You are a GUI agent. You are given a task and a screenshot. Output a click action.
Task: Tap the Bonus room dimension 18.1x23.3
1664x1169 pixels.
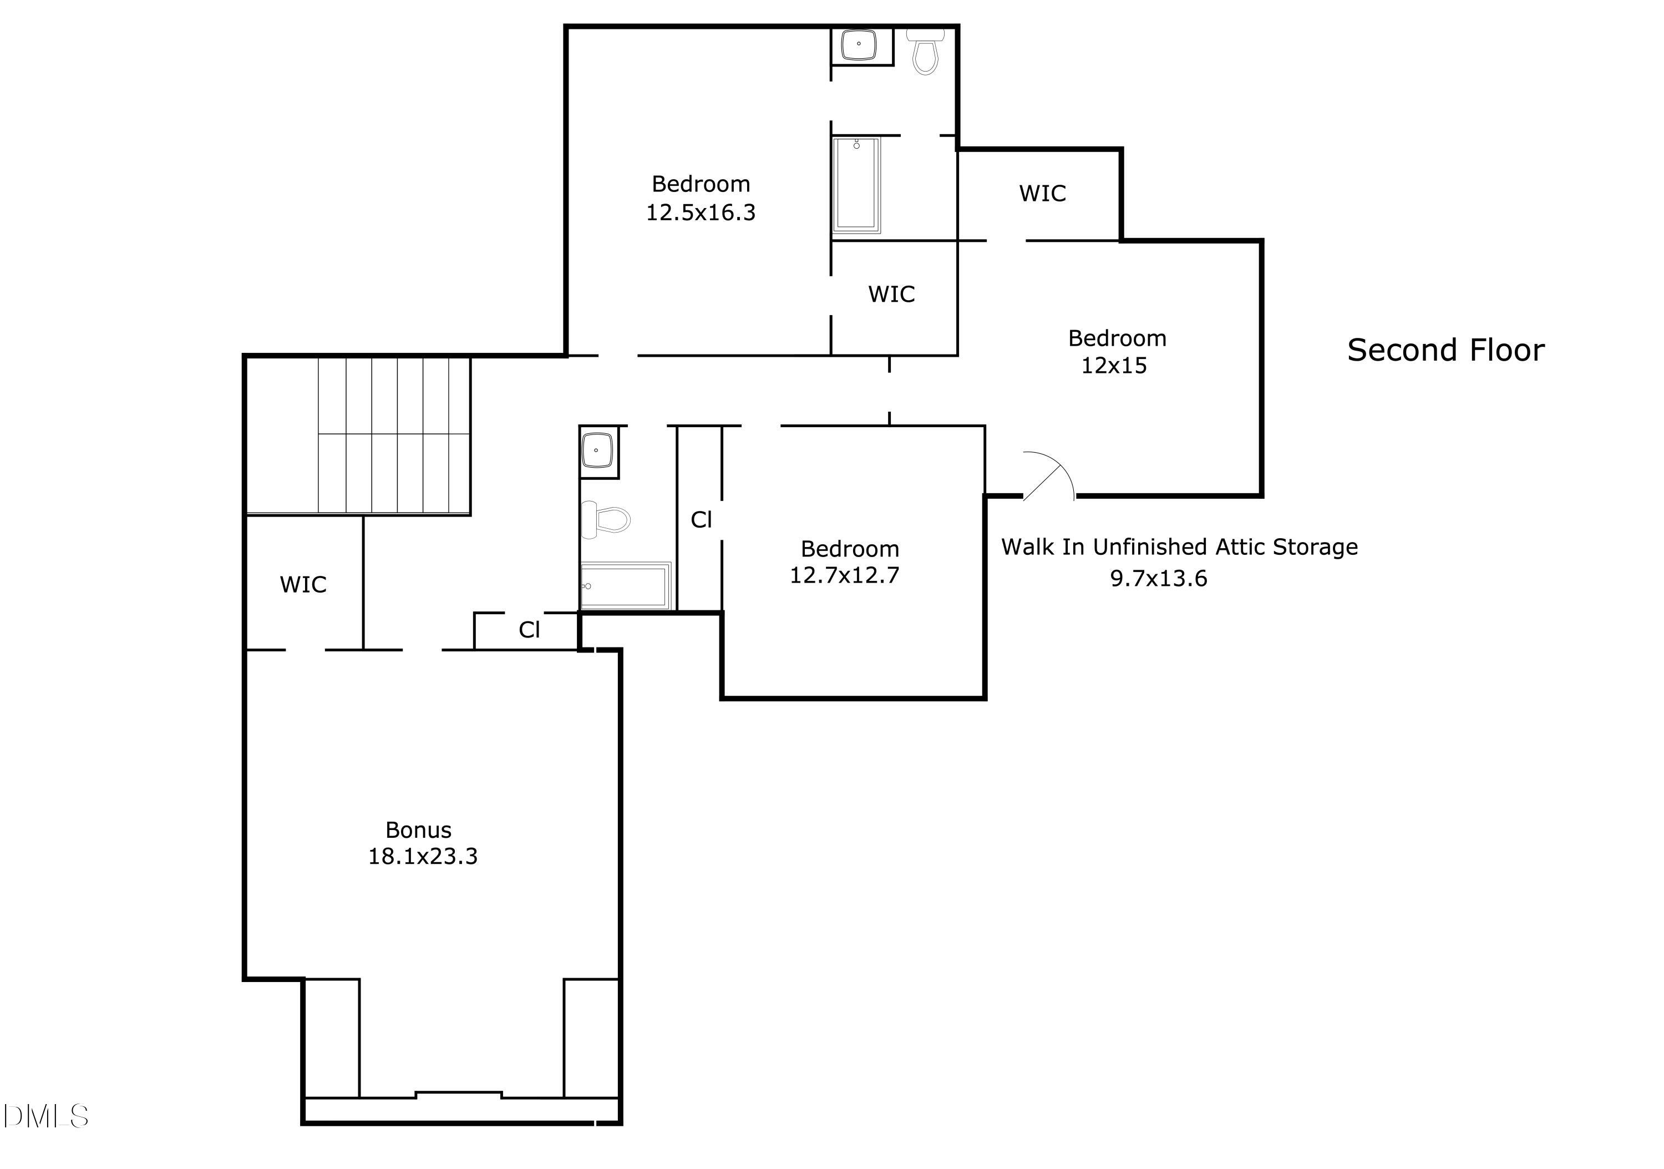point(423,857)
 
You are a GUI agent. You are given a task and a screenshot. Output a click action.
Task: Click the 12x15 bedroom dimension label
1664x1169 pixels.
point(1113,366)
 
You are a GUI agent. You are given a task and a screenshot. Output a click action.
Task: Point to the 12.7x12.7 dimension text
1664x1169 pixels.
point(844,575)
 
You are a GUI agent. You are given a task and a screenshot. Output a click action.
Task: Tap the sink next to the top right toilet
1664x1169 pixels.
point(859,44)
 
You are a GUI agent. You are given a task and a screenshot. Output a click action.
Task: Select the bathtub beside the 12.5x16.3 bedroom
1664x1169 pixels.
point(856,185)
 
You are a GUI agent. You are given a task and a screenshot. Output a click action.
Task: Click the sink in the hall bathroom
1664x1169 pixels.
point(597,451)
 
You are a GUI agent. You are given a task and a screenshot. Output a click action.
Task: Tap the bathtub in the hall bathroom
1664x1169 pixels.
point(625,585)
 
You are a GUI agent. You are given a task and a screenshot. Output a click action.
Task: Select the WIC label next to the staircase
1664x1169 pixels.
point(303,585)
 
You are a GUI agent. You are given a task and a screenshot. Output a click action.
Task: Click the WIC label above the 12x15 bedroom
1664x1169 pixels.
point(1042,194)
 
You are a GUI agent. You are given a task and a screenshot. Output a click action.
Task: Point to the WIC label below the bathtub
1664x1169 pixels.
point(891,294)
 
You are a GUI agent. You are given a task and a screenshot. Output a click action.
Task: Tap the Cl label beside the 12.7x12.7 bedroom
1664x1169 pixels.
point(701,520)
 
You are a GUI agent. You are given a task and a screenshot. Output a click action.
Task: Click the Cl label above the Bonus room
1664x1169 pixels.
point(529,630)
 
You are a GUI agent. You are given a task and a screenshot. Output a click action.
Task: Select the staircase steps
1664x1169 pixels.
point(394,435)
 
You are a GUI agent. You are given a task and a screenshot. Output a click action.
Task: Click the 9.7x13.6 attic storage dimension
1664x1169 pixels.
point(1158,578)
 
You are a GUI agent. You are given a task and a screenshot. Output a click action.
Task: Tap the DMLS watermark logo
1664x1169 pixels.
point(45,1116)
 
